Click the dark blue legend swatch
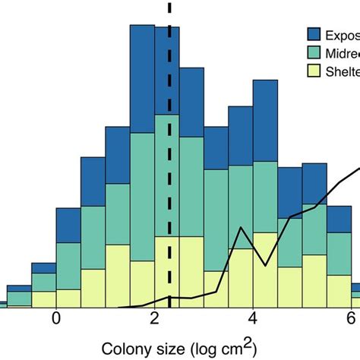312,35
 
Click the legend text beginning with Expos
342,35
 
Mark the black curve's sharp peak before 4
242,227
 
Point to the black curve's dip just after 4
265,265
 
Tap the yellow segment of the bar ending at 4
241,273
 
